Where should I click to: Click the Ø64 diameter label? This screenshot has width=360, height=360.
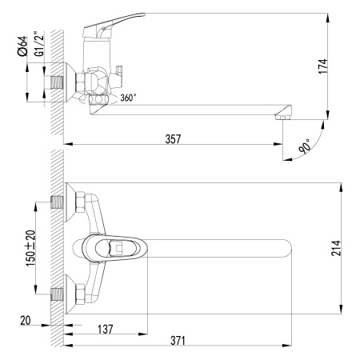tap(22, 46)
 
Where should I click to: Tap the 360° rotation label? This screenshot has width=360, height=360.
tap(128, 98)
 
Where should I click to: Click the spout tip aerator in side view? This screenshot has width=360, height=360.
tap(282, 117)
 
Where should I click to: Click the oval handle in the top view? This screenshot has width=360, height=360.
tap(112, 248)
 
